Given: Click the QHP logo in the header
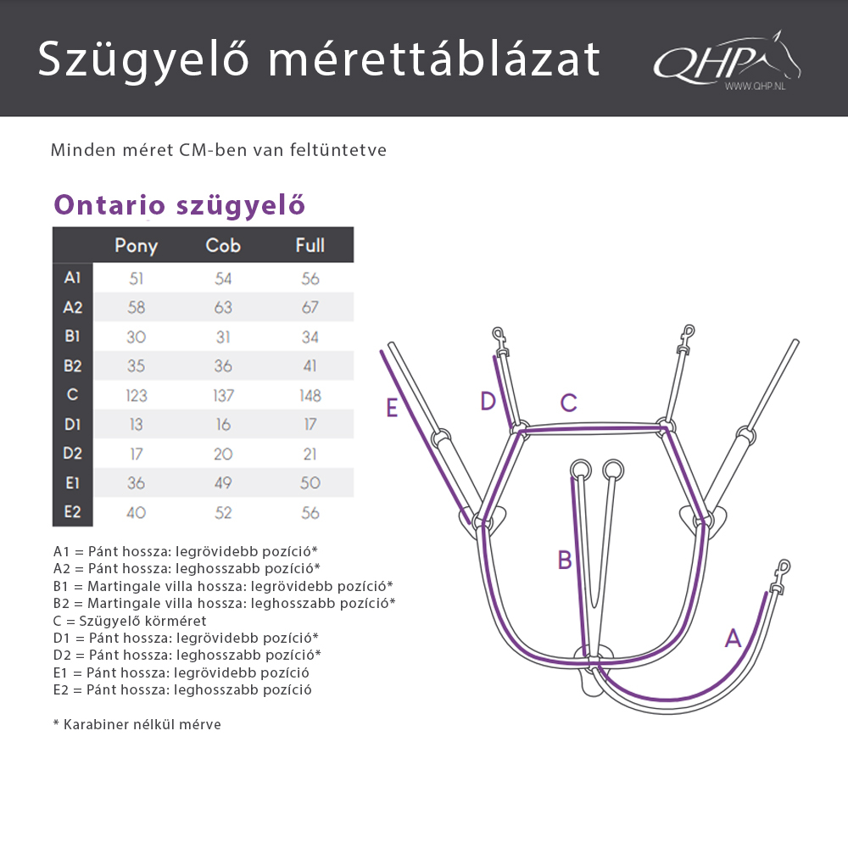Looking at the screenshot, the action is tap(727, 61).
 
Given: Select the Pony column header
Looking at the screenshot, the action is tap(136, 246).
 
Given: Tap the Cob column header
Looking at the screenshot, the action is tap(223, 246).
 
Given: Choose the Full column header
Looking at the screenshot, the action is tap(310, 246).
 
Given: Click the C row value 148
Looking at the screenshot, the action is tap(310, 395).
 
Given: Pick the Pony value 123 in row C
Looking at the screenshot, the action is tap(136, 395).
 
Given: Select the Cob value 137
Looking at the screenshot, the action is tap(223, 395).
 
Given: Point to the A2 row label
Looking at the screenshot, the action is tap(73, 307).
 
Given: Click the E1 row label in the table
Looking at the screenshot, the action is tap(73, 483).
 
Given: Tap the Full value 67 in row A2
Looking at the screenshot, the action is tap(310, 307).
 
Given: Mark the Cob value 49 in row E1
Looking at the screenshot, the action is tap(223, 483).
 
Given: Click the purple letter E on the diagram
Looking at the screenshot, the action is tap(392, 408).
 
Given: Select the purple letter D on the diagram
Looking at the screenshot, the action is tap(488, 401).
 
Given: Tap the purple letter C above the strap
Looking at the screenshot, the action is tap(568, 403).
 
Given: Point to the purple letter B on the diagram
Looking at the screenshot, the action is tap(565, 560).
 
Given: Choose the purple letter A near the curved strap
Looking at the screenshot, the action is tap(734, 639).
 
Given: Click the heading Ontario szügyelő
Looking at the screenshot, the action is tap(179, 205).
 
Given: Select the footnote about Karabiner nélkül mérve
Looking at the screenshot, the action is tap(137, 724).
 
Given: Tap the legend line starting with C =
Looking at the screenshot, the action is tap(130, 621).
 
